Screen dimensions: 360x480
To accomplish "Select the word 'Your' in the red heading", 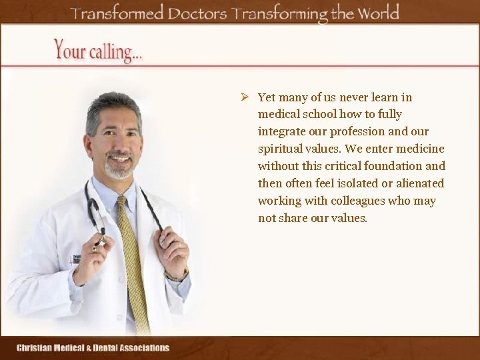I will [x=68, y=49].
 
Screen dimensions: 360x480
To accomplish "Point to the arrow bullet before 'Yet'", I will [x=245, y=97].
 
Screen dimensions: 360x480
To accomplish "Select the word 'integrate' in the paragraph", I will [x=282, y=131].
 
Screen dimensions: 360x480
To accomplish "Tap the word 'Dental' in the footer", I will [x=105, y=347].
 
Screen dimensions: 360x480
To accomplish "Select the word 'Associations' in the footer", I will [x=145, y=347].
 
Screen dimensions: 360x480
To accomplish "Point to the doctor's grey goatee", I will [x=119, y=170].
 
